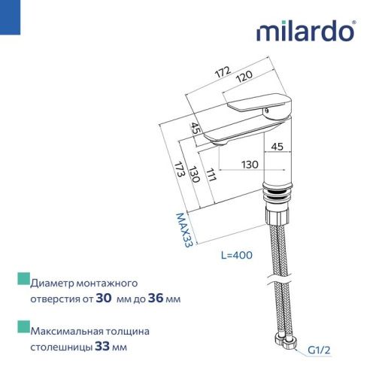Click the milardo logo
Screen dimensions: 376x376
pos(304,32)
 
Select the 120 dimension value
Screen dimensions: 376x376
pos(242,77)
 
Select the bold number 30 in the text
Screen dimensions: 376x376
pos(105,299)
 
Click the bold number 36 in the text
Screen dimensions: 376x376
pos(159,299)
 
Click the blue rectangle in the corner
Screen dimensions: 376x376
pos(8,14)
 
